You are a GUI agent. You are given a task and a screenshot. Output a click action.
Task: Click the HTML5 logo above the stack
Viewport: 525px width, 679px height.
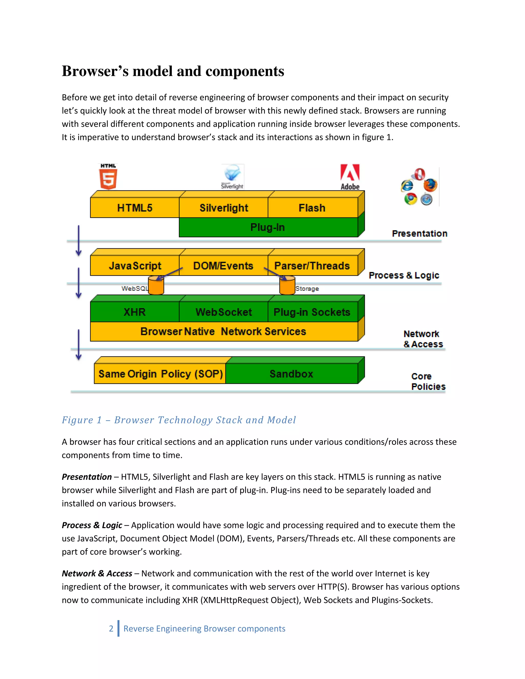click(x=108, y=177)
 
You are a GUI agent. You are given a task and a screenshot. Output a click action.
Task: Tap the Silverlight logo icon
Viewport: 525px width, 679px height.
click(x=233, y=176)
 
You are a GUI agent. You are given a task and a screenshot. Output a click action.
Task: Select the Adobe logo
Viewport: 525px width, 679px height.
click(x=350, y=177)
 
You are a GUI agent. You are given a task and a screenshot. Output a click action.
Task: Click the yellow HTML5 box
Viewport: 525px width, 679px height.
click(x=135, y=208)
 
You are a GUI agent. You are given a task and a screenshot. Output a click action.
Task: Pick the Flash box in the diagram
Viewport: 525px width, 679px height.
click(x=312, y=208)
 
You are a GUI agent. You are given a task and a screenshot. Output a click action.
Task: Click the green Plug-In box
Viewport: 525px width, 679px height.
click(x=268, y=227)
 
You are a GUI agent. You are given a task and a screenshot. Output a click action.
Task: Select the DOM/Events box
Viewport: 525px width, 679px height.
click(x=223, y=266)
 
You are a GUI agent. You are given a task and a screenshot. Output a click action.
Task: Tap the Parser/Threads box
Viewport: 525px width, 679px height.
click(x=312, y=266)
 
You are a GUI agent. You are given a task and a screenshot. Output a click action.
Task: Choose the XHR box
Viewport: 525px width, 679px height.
click(x=135, y=312)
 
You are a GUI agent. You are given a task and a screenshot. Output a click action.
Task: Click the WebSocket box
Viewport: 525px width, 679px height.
click(x=224, y=312)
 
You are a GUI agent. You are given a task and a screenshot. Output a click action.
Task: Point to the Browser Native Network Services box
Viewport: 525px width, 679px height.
click(x=223, y=331)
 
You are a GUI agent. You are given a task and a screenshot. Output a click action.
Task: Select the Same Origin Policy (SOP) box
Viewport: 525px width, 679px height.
click(x=160, y=374)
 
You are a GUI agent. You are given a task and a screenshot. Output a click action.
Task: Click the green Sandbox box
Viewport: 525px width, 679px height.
click(x=291, y=374)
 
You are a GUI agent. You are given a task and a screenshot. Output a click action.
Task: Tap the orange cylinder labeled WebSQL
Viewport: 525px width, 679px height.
click(x=156, y=285)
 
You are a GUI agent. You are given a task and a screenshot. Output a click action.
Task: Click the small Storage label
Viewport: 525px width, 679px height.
click(x=307, y=289)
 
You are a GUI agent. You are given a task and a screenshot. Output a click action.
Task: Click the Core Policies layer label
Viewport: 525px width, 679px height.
click(x=428, y=382)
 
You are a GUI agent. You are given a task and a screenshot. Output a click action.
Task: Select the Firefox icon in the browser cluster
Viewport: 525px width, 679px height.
click(x=431, y=185)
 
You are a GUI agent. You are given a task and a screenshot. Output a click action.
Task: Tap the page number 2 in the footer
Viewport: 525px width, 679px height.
click(x=111, y=629)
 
